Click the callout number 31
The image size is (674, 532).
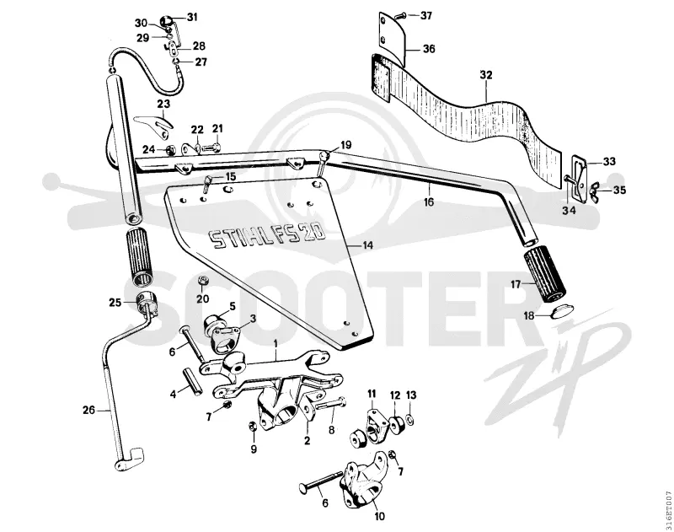point(192,17)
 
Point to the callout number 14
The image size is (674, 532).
point(367,245)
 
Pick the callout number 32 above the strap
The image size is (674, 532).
point(486,75)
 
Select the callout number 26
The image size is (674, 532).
point(88,411)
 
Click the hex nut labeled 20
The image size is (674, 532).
point(203,281)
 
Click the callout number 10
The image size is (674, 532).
point(380,516)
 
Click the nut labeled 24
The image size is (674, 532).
point(171,150)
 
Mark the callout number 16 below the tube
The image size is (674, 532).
point(429,202)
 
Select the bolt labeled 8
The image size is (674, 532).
point(331,404)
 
